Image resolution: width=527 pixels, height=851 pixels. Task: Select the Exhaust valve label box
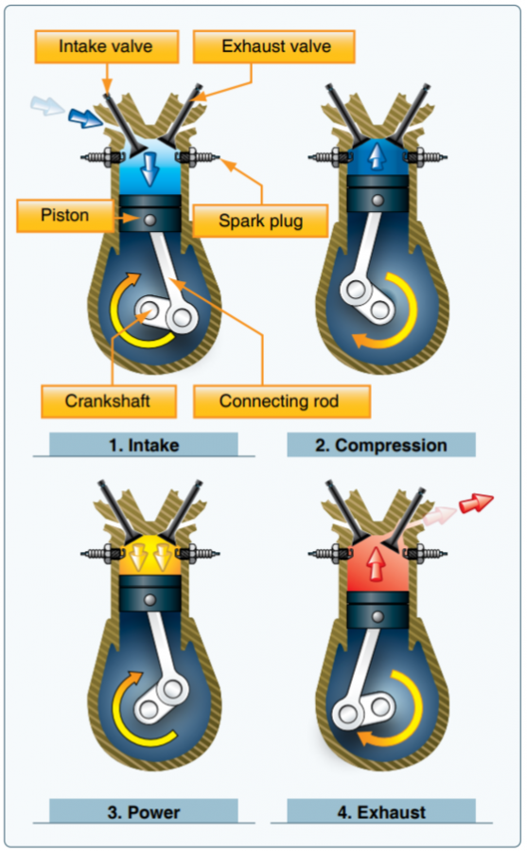(x=274, y=45)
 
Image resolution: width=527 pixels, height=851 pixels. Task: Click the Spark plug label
(x=259, y=221)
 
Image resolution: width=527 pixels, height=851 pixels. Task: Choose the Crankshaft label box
(x=108, y=400)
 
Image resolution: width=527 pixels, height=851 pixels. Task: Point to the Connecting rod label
(x=281, y=400)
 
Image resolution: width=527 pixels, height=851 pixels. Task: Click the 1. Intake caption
(x=144, y=444)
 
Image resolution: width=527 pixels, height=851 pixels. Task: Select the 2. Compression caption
(x=380, y=444)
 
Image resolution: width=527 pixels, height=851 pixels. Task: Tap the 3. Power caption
(x=144, y=811)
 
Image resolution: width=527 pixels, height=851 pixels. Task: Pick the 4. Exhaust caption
(x=380, y=811)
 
